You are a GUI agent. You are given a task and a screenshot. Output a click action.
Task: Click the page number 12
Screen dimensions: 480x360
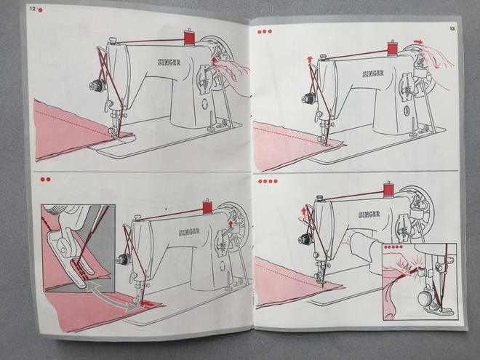coord(33,9)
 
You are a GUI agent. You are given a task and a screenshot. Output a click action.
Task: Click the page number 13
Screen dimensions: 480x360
coord(452,29)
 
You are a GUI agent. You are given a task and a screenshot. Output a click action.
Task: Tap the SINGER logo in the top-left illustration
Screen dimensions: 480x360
coord(169,63)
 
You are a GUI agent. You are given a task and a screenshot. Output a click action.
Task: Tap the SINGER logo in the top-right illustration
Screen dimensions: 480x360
coord(373,73)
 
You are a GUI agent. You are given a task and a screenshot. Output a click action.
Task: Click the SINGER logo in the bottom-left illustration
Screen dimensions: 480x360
coord(189,232)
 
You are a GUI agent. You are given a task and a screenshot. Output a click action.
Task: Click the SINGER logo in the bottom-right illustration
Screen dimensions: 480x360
coord(369,215)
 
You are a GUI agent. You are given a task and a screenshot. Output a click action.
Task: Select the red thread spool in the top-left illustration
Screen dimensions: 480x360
coord(189,38)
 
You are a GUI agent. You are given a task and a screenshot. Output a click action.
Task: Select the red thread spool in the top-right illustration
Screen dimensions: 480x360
coord(392,49)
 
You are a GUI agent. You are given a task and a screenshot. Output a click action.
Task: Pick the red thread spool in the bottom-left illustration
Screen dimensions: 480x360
coord(207,207)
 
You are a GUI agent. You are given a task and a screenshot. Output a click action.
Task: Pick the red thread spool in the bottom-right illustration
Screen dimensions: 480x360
coord(388,189)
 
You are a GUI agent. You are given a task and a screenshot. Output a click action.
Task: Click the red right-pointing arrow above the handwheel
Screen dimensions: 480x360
coord(418,41)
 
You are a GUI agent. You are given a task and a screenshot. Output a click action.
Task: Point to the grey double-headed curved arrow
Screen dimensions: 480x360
coord(111,296)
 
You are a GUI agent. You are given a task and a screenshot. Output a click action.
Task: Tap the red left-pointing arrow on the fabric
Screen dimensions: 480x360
coord(149,304)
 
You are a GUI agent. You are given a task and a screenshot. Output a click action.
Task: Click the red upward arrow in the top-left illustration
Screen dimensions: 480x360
coord(215,60)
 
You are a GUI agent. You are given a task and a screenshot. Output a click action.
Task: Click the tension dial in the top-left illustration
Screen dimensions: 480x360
coord(97,86)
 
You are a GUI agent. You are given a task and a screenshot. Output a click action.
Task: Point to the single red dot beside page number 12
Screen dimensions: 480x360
coord(40,10)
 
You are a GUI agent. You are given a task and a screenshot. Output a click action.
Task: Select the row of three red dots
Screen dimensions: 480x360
coord(265,31)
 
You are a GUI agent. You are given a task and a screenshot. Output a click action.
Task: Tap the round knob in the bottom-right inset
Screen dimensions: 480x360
coord(425,298)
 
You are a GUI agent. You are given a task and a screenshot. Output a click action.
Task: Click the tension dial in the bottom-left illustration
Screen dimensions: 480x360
coord(123,260)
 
